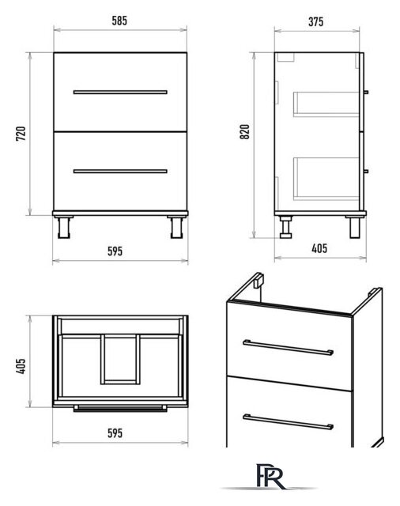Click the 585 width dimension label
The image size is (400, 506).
coord(119,21)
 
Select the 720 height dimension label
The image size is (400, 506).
coord(21,134)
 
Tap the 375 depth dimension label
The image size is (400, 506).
coord(315,22)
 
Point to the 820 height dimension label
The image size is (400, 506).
coord(245,132)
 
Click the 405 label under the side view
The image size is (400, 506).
coord(319,248)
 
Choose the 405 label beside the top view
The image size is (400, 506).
coord(21,366)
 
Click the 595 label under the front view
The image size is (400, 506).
coord(115,251)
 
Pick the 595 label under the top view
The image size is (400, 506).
coord(115,433)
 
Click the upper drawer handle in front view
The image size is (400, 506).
coord(120,92)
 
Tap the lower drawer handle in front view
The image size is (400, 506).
coord(120,171)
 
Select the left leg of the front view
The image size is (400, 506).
coord(63,228)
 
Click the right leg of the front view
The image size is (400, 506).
coord(177,228)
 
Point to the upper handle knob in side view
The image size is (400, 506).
coord(366,92)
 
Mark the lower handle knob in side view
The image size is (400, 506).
coord(366,171)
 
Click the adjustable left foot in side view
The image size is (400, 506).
coord(286,227)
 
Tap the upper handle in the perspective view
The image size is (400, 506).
coord(288,347)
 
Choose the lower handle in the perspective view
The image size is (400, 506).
coord(288,422)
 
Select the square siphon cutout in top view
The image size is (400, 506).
coord(120,359)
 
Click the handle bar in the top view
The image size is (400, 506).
coord(120,409)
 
